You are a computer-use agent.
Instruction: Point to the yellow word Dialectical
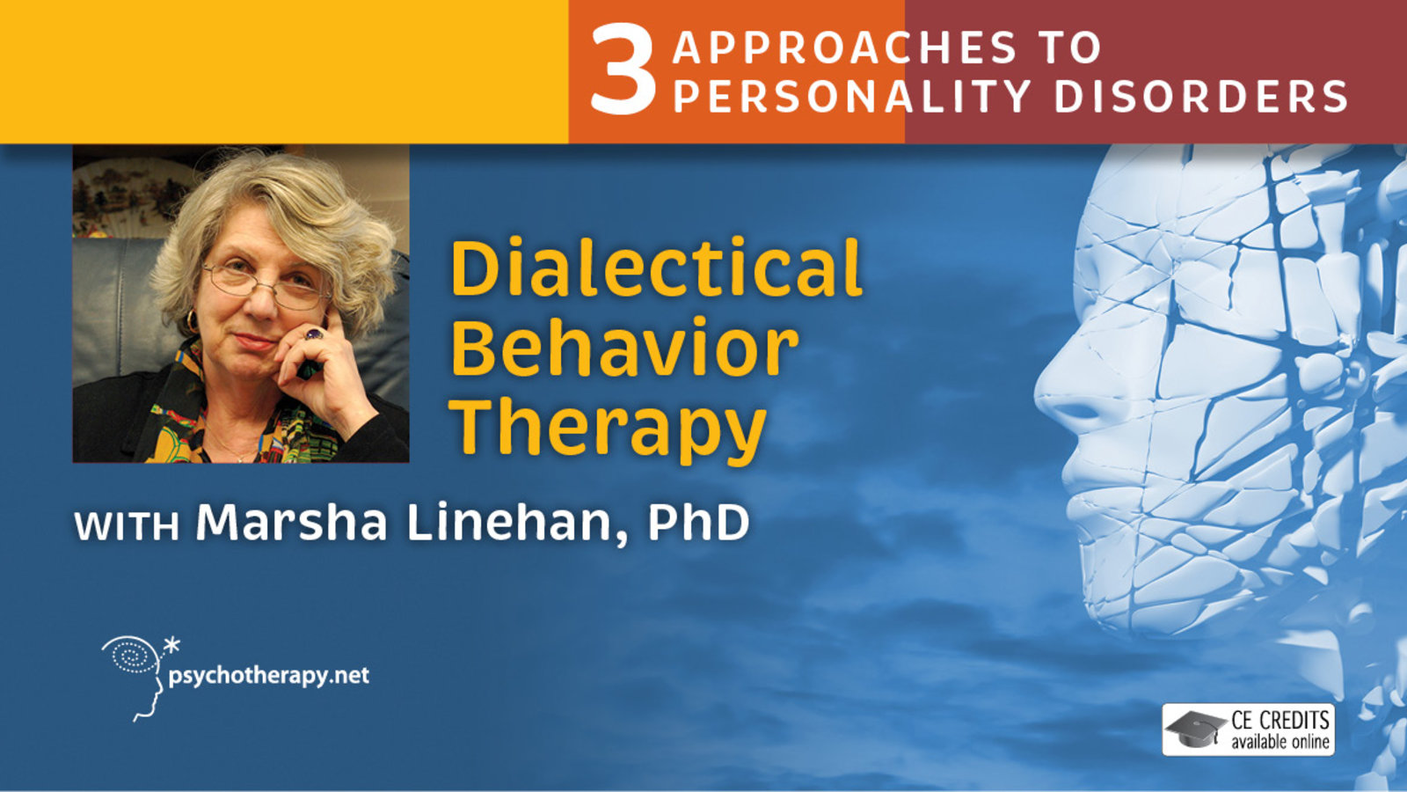[x=656, y=268]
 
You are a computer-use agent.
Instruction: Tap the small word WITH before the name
[x=127, y=526]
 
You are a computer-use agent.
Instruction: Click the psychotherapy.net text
[x=268, y=676]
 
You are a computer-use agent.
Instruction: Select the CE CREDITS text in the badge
[x=1279, y=721]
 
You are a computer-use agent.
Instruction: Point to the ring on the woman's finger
[x=313, y=334]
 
